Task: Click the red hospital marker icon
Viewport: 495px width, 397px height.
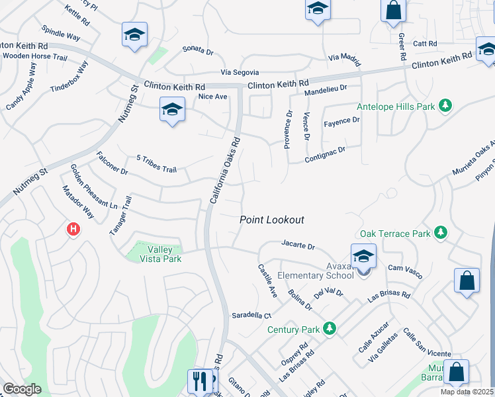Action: point(73,230)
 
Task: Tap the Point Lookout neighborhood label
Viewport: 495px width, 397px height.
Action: point(271,220)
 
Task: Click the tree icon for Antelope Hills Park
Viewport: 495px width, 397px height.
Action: point(446,105)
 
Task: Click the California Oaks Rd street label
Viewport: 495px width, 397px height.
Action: point(224,170)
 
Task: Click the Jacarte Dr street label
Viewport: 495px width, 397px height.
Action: point(298,245)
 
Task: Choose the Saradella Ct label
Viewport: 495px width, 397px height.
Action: point(251,316)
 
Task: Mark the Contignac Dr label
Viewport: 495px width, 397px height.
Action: point(326,155)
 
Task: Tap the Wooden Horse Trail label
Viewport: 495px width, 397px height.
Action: point(34,58)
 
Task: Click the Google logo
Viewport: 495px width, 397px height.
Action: point(22,389)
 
